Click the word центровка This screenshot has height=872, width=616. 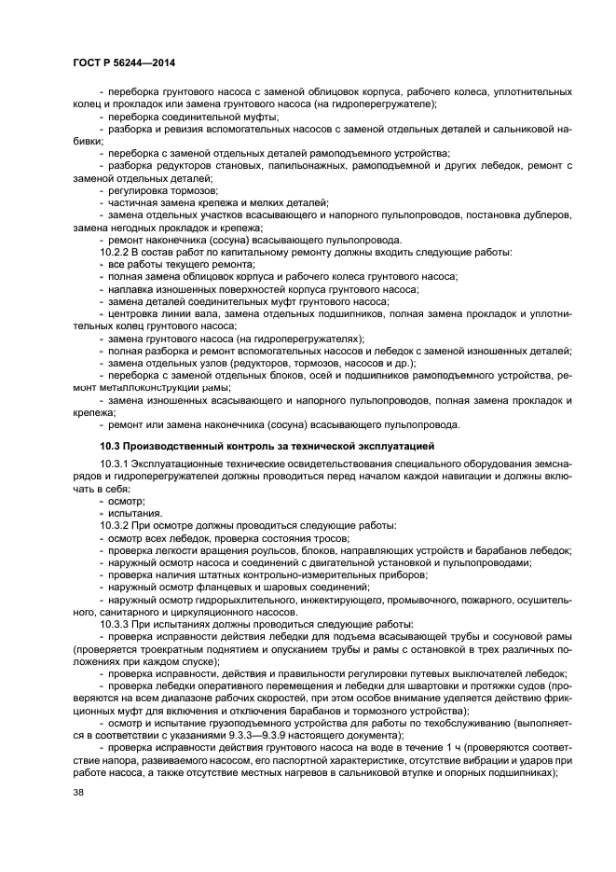[134, 313]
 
